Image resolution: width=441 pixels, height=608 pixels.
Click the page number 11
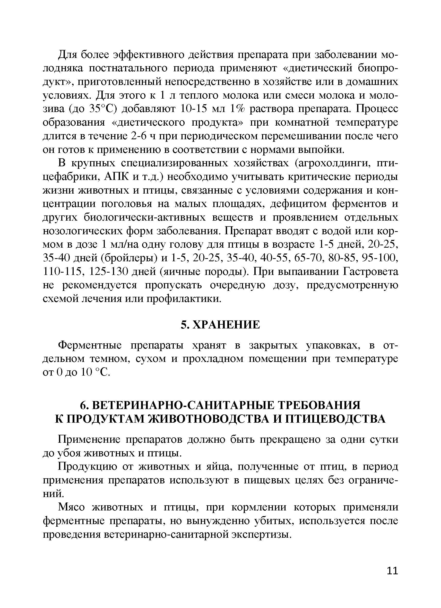coord(392,578)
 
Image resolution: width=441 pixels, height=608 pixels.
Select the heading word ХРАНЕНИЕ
coord(226,325)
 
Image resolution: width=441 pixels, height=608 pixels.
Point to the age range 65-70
coord(309,258)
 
